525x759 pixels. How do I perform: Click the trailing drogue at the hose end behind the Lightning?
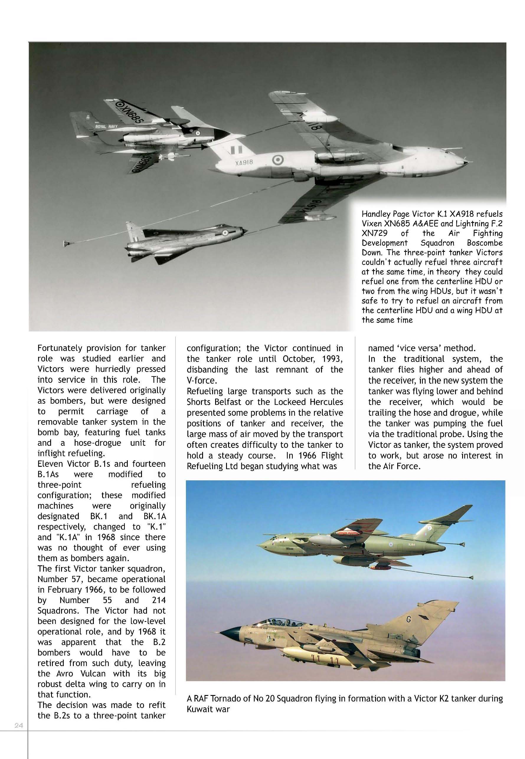click(x=68, y=244)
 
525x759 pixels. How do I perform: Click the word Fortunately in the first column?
click(x=60, y=348)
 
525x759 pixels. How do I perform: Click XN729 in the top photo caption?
click(x=374, y=233)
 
